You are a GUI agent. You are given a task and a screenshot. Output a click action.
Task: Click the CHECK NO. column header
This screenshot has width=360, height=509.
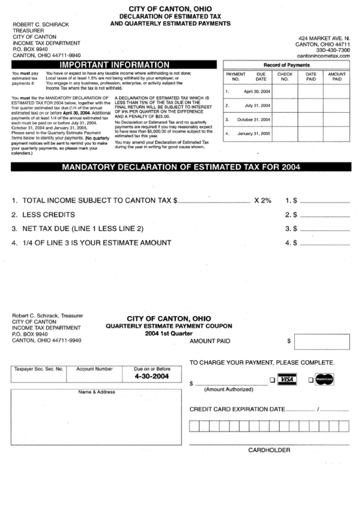[285, 76]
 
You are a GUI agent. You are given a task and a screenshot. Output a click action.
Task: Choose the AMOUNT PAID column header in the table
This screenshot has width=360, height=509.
[336, 76]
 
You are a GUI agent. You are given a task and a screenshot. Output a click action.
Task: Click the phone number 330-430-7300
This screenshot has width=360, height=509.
[333, 49]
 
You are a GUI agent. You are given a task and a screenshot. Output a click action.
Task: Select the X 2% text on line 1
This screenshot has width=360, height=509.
[262, 200]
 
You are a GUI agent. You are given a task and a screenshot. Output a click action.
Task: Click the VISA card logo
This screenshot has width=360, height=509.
[288, 379]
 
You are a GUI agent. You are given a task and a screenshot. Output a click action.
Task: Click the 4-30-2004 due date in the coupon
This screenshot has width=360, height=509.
[152, 376]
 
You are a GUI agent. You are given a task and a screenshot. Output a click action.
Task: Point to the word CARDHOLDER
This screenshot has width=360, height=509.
[269, 450]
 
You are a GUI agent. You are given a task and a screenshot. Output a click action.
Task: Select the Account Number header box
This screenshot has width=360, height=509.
[94, 368]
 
